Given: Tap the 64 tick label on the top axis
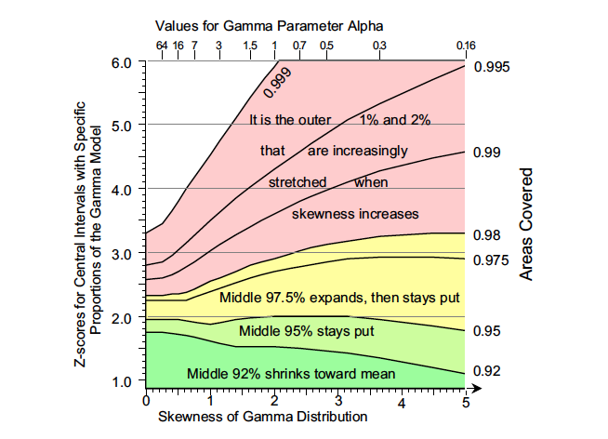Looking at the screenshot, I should pyautogui.click(x=163, y=45).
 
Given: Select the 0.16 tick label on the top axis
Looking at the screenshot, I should pyautogui.click(x=466, y=45).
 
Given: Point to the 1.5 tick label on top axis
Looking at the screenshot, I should pyautogui.click(x=250, y=45).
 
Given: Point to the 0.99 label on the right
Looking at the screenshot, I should pyautogui.click(x=488, y=152).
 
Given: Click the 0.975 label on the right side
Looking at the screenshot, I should pyautogui.click(x=491, y=260).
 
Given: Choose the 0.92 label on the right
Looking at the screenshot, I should pyautogui.click(x=488, y=371).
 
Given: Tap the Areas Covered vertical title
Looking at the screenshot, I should pyautogui.click(x=526, y=223).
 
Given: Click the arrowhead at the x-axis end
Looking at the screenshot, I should pyautogui.click(x=472, y=388).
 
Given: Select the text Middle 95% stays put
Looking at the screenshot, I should pyautogui.click(x=306, y=330).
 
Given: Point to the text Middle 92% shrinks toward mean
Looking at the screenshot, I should pyautogui.click(x=292, y=374).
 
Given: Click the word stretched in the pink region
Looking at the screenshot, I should pyautogui.click(x=297, y=182).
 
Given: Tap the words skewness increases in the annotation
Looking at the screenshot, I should pyautogui.click(x=355, y=214).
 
